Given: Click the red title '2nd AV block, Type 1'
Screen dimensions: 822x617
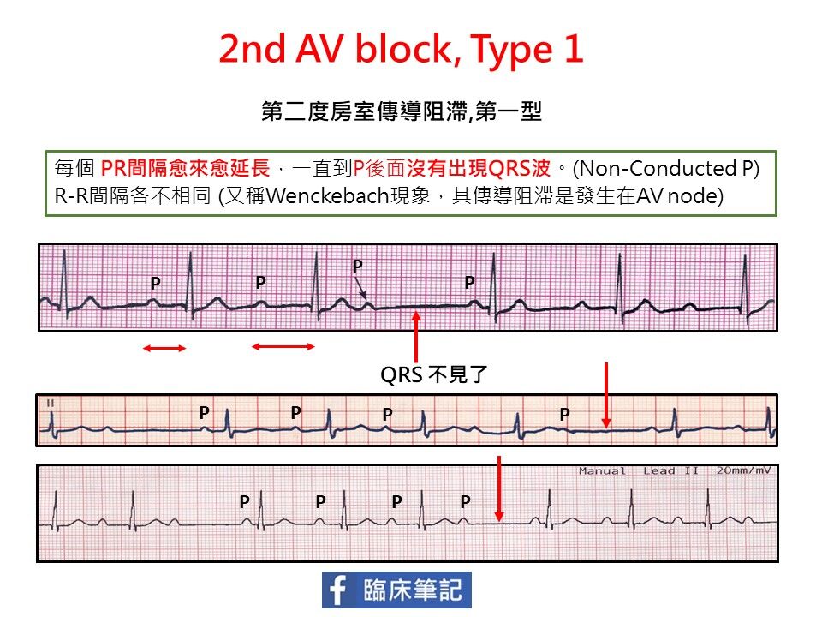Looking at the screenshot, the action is [401, 50].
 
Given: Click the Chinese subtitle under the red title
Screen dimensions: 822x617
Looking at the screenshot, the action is [402, 111].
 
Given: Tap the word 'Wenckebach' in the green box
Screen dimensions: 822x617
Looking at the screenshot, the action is [327, 195].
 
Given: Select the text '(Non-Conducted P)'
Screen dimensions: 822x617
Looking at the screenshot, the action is [666, 169].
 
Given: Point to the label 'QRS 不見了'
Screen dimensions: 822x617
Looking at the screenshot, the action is [434, 374].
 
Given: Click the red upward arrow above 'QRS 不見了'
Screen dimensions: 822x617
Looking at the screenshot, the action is [416, 337].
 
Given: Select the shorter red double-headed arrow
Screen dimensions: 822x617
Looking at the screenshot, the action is [164, 348].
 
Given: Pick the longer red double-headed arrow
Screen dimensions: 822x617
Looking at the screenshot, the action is [283, 346].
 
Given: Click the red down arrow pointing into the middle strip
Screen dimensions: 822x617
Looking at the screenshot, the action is [606, 395].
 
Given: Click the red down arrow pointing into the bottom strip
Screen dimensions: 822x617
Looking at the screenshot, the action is [499, 488].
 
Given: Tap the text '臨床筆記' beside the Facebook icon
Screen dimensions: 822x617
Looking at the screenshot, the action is [413, 590].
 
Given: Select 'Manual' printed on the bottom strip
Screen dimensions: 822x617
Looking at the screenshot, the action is [602, 470].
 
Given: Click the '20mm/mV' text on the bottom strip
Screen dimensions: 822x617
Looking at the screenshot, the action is [743, 470].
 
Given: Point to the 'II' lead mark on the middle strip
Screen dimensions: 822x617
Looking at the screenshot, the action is [51, 403].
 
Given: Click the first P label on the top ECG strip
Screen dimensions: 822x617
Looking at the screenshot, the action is [155, 284].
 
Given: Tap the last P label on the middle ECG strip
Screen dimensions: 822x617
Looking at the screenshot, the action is [564, 415].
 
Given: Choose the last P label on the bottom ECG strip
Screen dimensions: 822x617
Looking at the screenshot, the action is [465, 501].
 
